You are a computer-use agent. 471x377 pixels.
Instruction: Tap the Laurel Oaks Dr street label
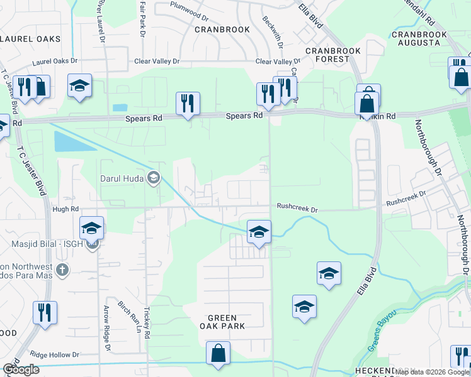point(55,61)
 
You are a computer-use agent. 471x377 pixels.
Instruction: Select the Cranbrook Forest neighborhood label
point(327,54)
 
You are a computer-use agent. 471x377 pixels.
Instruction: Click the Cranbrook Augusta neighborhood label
point(419,38)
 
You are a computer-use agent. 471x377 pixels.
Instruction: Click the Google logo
point(21,369)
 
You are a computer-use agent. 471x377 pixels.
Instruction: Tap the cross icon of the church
point(62,271)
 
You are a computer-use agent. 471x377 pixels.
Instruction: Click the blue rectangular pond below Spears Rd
point(67,141)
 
